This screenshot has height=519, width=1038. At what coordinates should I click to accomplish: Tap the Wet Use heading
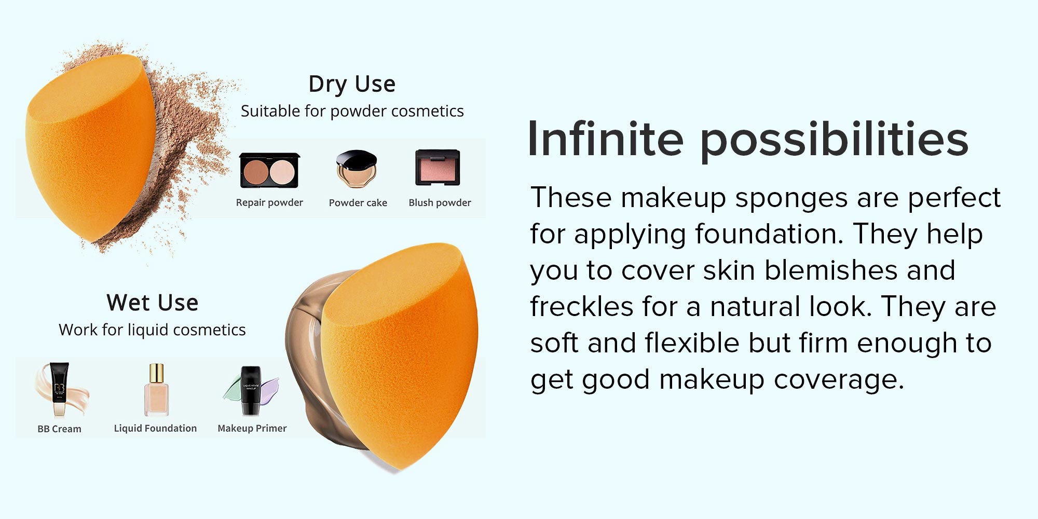153,303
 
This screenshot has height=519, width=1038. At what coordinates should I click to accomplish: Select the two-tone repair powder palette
270,170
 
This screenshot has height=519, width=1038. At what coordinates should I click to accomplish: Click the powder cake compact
356,169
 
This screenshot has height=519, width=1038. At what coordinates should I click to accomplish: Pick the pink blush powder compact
438,168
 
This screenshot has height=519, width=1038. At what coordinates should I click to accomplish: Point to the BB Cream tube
59,389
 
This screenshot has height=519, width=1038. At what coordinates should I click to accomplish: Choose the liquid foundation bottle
156,390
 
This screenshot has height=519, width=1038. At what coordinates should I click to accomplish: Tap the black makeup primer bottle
251,391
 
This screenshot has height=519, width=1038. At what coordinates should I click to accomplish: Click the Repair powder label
269,202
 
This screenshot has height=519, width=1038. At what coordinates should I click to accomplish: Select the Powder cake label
358,202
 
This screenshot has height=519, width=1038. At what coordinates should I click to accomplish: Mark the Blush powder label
440,202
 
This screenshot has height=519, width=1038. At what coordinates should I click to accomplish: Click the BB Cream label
59,429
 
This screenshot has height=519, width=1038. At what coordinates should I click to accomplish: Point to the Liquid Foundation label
155,428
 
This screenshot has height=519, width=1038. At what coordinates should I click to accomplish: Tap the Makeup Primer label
252,428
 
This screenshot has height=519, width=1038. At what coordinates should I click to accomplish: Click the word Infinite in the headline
605,139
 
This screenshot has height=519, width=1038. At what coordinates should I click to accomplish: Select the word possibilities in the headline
834,140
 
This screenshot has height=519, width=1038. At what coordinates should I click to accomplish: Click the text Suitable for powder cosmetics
352,111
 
